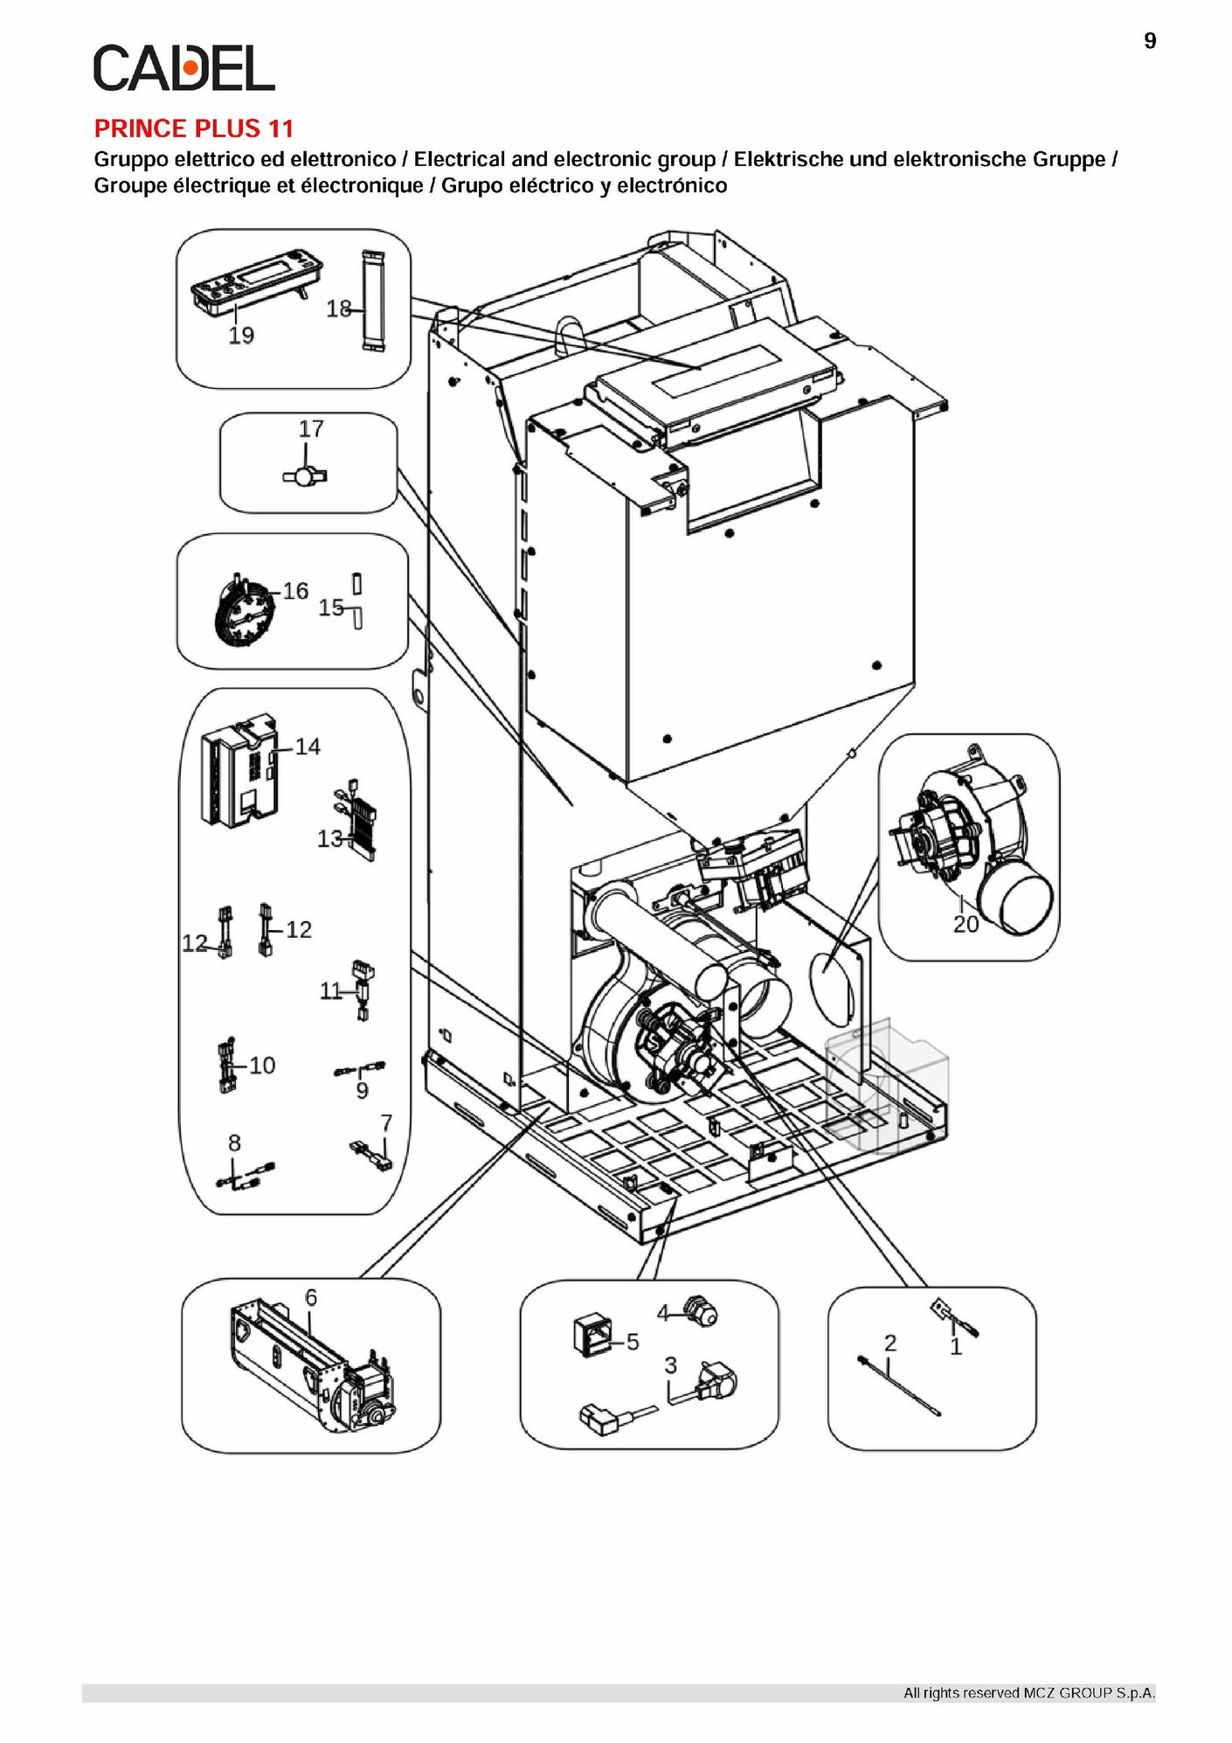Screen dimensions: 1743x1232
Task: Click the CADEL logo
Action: [x=183, y=67]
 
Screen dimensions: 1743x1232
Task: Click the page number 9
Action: [x=1150, y=41]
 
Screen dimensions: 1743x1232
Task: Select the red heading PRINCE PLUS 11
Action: [x=193, y=128]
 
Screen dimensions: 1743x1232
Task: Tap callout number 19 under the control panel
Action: [x=241, y=336]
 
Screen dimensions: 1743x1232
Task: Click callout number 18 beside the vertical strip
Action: [x=339, y=309]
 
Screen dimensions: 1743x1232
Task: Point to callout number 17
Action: [x=311, y=429]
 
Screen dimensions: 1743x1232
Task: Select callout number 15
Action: [x=330, y=608]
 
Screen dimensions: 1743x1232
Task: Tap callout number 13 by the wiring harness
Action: [x=329, y=839]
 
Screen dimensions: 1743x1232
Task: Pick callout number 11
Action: [x=330, y=991]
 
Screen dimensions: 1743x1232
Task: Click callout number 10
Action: [x=262, y=1066]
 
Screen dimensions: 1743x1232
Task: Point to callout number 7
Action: [x=386, y=1122]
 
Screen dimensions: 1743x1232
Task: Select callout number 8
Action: [x=234, y=1143]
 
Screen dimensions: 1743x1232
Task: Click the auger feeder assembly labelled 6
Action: [x=313, y=1372]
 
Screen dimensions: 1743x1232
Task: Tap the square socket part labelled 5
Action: [x=589, y=1338]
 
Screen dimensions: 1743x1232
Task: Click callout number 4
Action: [x=663, y=1313]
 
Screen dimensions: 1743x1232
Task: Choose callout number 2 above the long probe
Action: [x=889, y=1343]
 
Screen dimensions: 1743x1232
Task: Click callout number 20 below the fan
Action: [x=966, y=924]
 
